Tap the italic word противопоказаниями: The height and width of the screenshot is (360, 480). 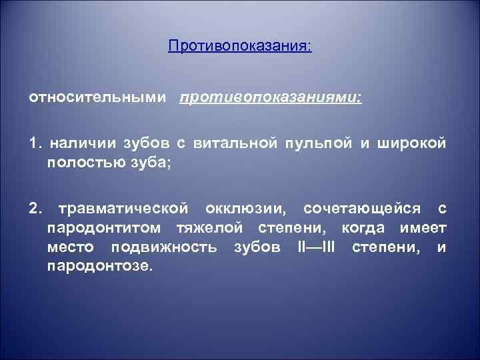270,97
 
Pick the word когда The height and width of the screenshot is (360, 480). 366,228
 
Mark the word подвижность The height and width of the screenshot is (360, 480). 164,247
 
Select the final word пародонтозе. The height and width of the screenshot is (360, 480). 100,266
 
